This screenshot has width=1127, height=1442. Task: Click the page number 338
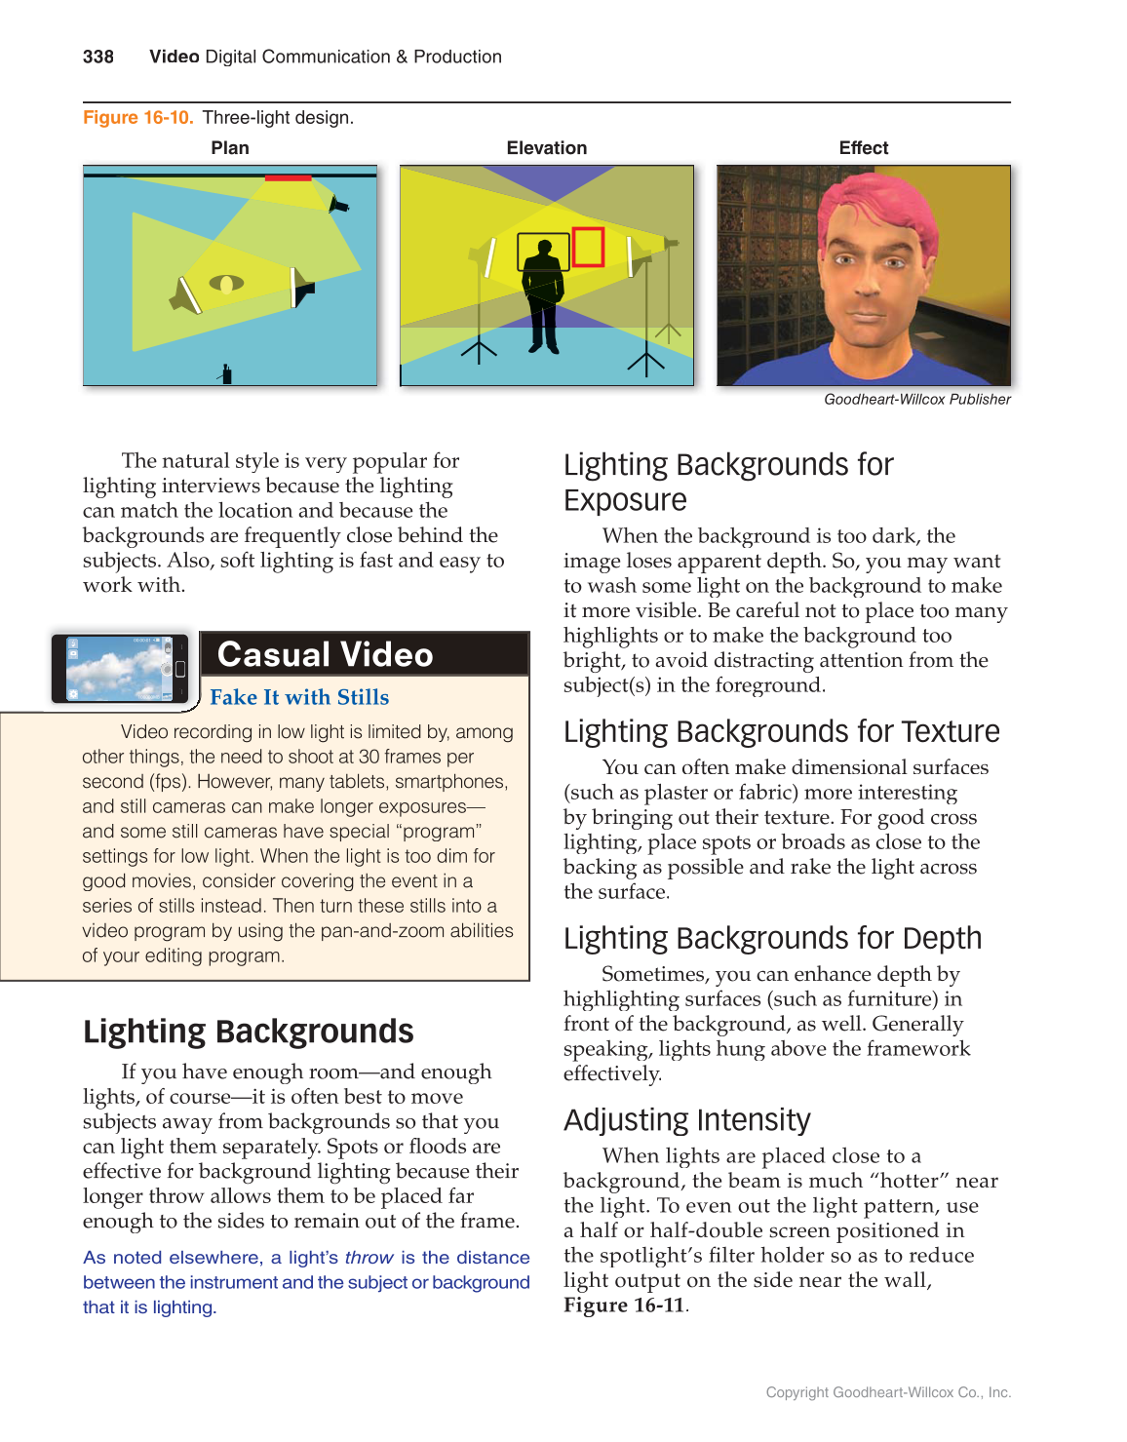tap(98, 57)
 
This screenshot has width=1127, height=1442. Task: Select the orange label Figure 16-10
tap(137, 118)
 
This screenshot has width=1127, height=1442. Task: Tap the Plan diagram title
tap(230, 148)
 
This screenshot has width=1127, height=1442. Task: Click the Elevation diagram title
tap(546, 148)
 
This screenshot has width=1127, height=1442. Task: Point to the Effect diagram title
tap(863, 148)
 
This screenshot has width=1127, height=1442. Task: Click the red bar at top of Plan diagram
tap(288, 178)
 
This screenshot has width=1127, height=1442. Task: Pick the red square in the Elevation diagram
tap(588, 247)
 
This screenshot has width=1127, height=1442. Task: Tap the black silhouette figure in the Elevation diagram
tap(543, 292)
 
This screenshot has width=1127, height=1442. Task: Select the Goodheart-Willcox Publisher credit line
tap(916, 400)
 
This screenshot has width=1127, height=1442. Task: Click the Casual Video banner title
tap(325, 654)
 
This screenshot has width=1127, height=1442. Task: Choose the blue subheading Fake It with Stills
tap(299, 697)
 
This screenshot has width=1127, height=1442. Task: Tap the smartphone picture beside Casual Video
tap(120, 669)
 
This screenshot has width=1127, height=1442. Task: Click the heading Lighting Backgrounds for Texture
tap(781, 731)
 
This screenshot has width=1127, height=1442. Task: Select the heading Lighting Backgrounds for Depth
tap(772, 938)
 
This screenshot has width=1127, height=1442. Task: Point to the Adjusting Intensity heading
tap(686, 1120)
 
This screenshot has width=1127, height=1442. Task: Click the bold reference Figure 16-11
tap(624, 1306)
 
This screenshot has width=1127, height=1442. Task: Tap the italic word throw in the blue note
tap(369, 1259)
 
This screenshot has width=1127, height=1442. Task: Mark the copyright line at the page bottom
tap(887, 1392)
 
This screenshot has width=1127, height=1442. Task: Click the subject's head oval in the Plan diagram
tap(226, 284)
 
